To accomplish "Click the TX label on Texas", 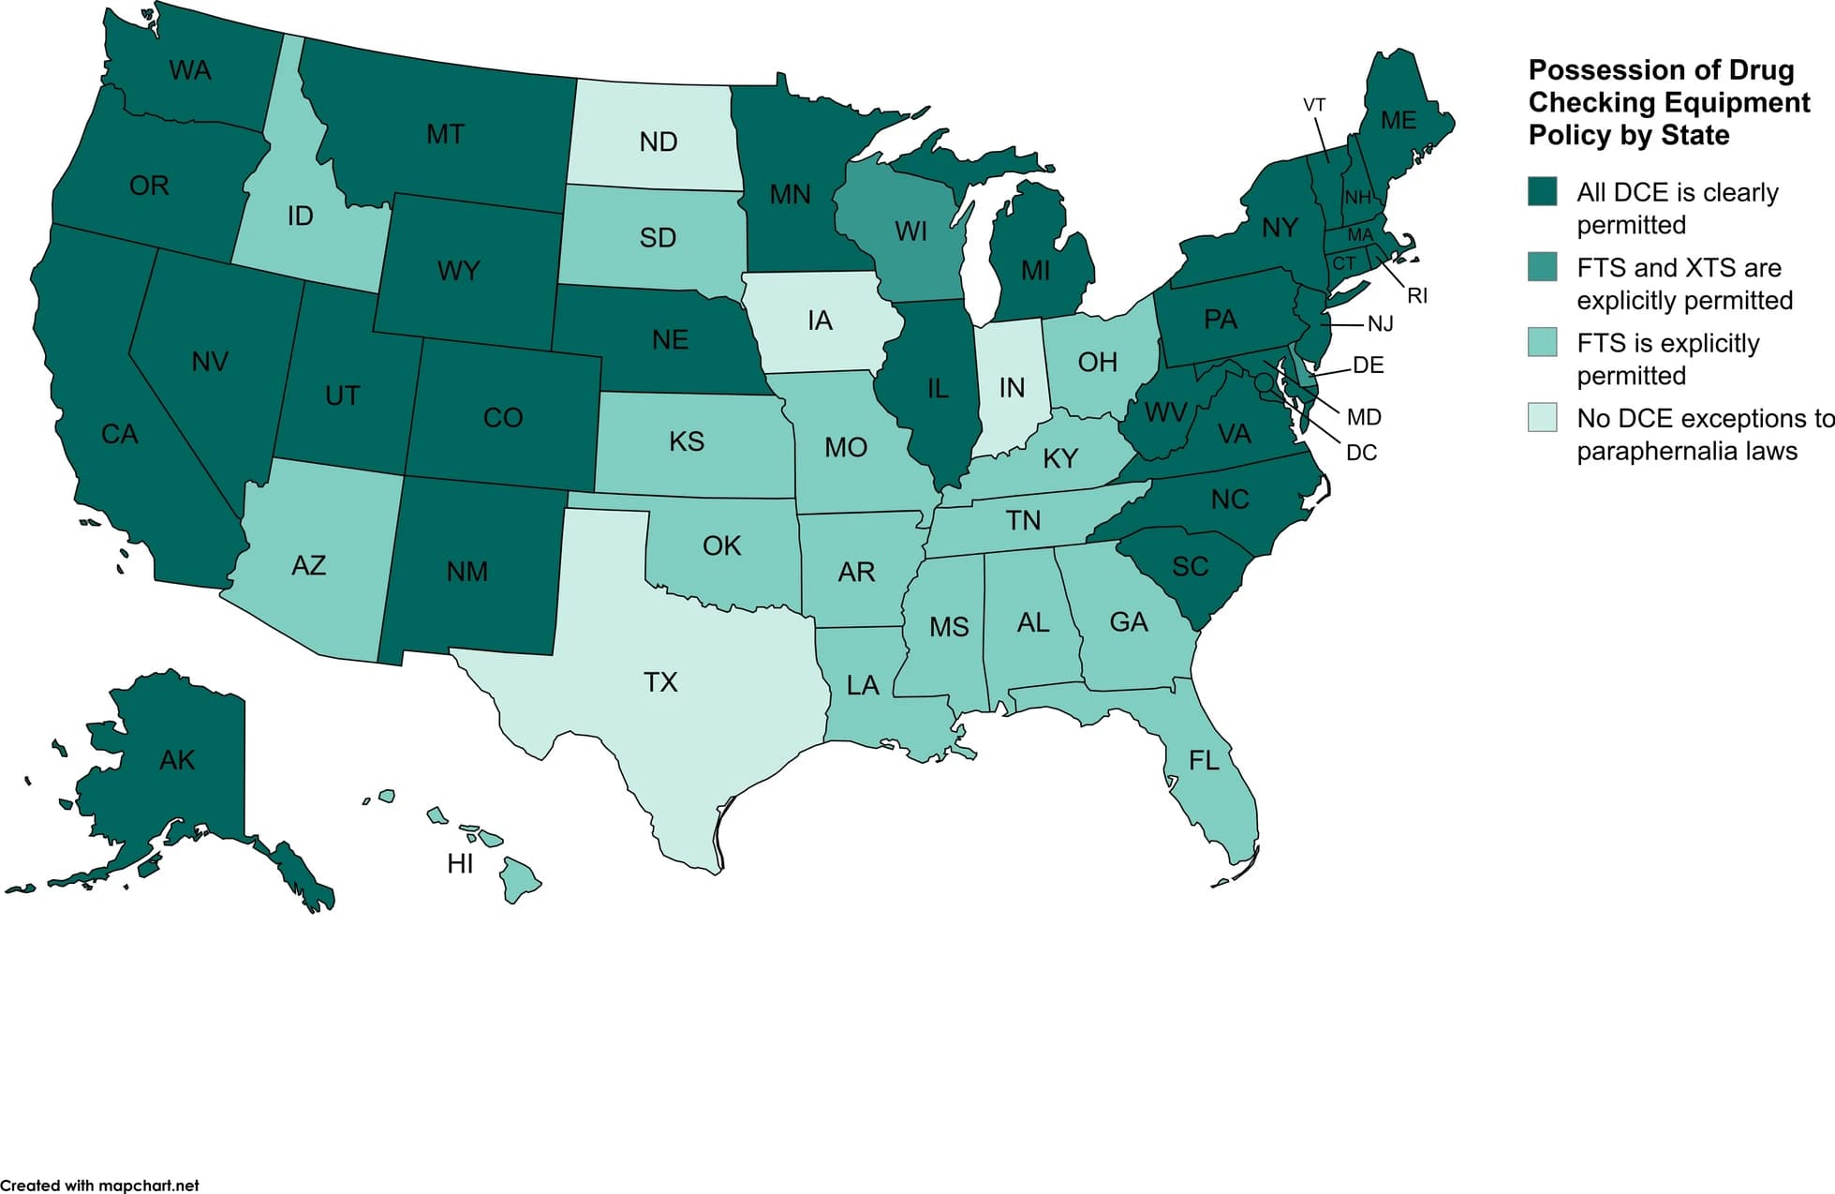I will coord(660,681).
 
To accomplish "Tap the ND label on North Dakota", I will coord(658,142).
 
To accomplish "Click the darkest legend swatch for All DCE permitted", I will coord(1542,191).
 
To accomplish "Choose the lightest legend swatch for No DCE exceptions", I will coord(1542,417).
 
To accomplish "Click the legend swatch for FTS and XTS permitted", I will coord(1542,267).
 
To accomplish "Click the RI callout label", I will coord(1417,296).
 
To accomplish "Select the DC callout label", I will coord(1361,453).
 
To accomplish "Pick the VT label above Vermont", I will coord(1314,105).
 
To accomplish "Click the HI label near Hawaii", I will coord(460,863).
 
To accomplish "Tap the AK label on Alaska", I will coord(177,759).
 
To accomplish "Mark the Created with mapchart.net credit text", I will coord(99,1185).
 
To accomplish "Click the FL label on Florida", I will coord(1204,760).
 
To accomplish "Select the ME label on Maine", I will coord(1398,120).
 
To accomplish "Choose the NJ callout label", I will coord(1380,324).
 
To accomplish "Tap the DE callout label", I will coord(1368,366).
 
